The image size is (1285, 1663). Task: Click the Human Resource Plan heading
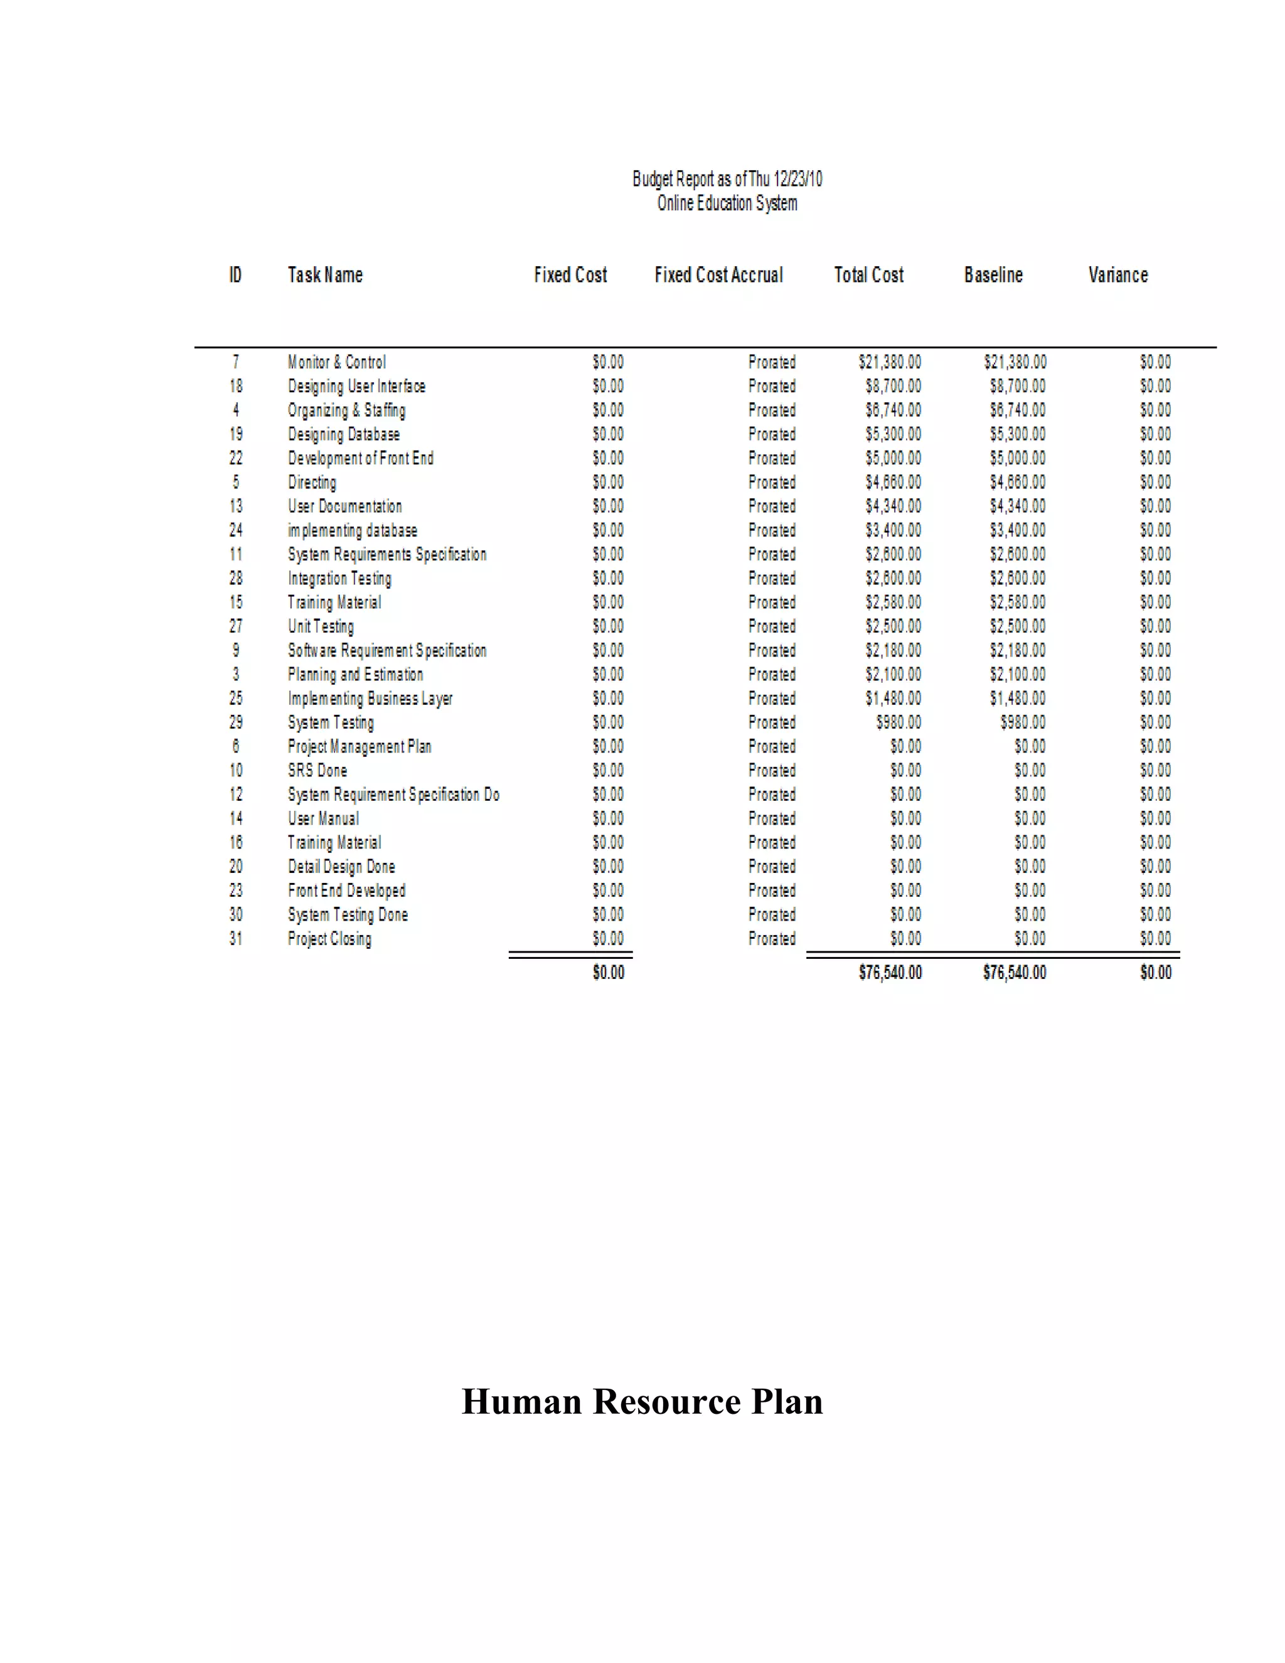[x=642, y=1402]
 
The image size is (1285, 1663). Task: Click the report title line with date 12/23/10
[x=727, y=179]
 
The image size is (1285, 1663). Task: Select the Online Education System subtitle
[x=727, y=203]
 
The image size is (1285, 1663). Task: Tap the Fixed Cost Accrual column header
[x=718, y=275]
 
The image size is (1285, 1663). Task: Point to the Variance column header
[x=1117, y=275]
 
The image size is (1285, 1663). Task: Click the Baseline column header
[x=993, y=275]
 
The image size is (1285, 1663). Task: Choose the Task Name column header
[x=325, y=275]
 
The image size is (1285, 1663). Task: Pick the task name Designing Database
[x=343, y=435]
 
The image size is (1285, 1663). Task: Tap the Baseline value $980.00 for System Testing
[x=1022, y=722]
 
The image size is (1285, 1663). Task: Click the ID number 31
[x=236, y=939]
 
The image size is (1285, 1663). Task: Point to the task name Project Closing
[x=329, y=939]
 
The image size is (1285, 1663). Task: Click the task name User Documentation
[x=345, y=506]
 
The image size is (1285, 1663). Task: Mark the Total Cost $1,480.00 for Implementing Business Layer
[x=892, y=698]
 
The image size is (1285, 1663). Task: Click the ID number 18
[x=236, y=387]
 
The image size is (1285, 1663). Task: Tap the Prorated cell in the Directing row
[x=771, y=483]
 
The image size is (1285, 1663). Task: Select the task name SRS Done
[x=317, y=771]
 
